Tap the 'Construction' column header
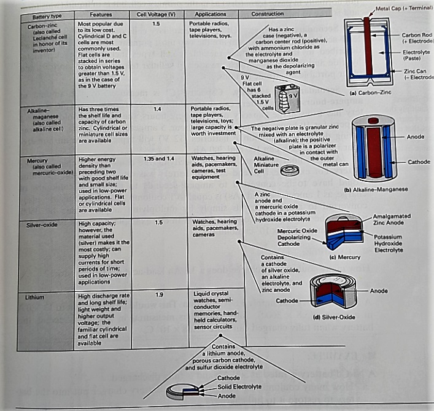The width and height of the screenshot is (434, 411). [x=268, y=14]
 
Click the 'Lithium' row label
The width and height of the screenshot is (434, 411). [x=36, y=297]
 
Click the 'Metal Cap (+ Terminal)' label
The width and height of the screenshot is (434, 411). [x=402, y=7]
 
